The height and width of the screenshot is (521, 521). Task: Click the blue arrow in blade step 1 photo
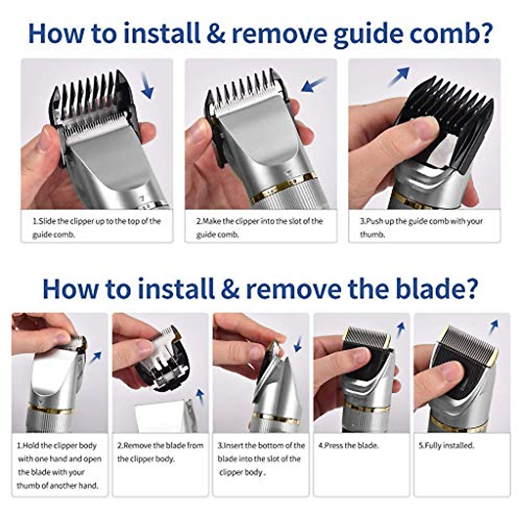(x=96, y=357)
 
